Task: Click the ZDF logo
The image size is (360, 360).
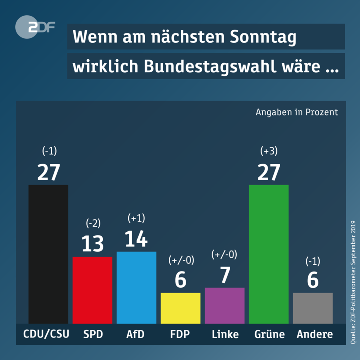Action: coord(34,27)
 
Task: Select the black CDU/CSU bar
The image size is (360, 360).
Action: coord(48,254)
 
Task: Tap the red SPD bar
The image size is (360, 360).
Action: coord(92,290)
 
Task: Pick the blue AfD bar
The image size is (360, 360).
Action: coord(136,287)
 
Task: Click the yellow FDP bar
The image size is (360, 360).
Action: coord(180,308)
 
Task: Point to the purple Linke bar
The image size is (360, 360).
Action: coord(224,305)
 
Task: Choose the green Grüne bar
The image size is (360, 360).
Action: coord(268,254)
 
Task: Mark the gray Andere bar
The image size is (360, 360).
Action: coord(312,308)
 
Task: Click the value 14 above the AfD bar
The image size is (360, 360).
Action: coord(136,238)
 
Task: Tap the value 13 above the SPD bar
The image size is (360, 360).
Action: coord(92,244)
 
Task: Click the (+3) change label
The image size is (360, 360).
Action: coord(269,151)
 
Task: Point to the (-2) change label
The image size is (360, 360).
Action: coord(93,223)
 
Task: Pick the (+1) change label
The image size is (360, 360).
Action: coord(136,217)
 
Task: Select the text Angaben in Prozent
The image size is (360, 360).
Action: coord(297,112)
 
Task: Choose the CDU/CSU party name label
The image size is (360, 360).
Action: coord(46,334)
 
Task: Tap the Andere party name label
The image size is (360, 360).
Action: coord(315,334)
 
